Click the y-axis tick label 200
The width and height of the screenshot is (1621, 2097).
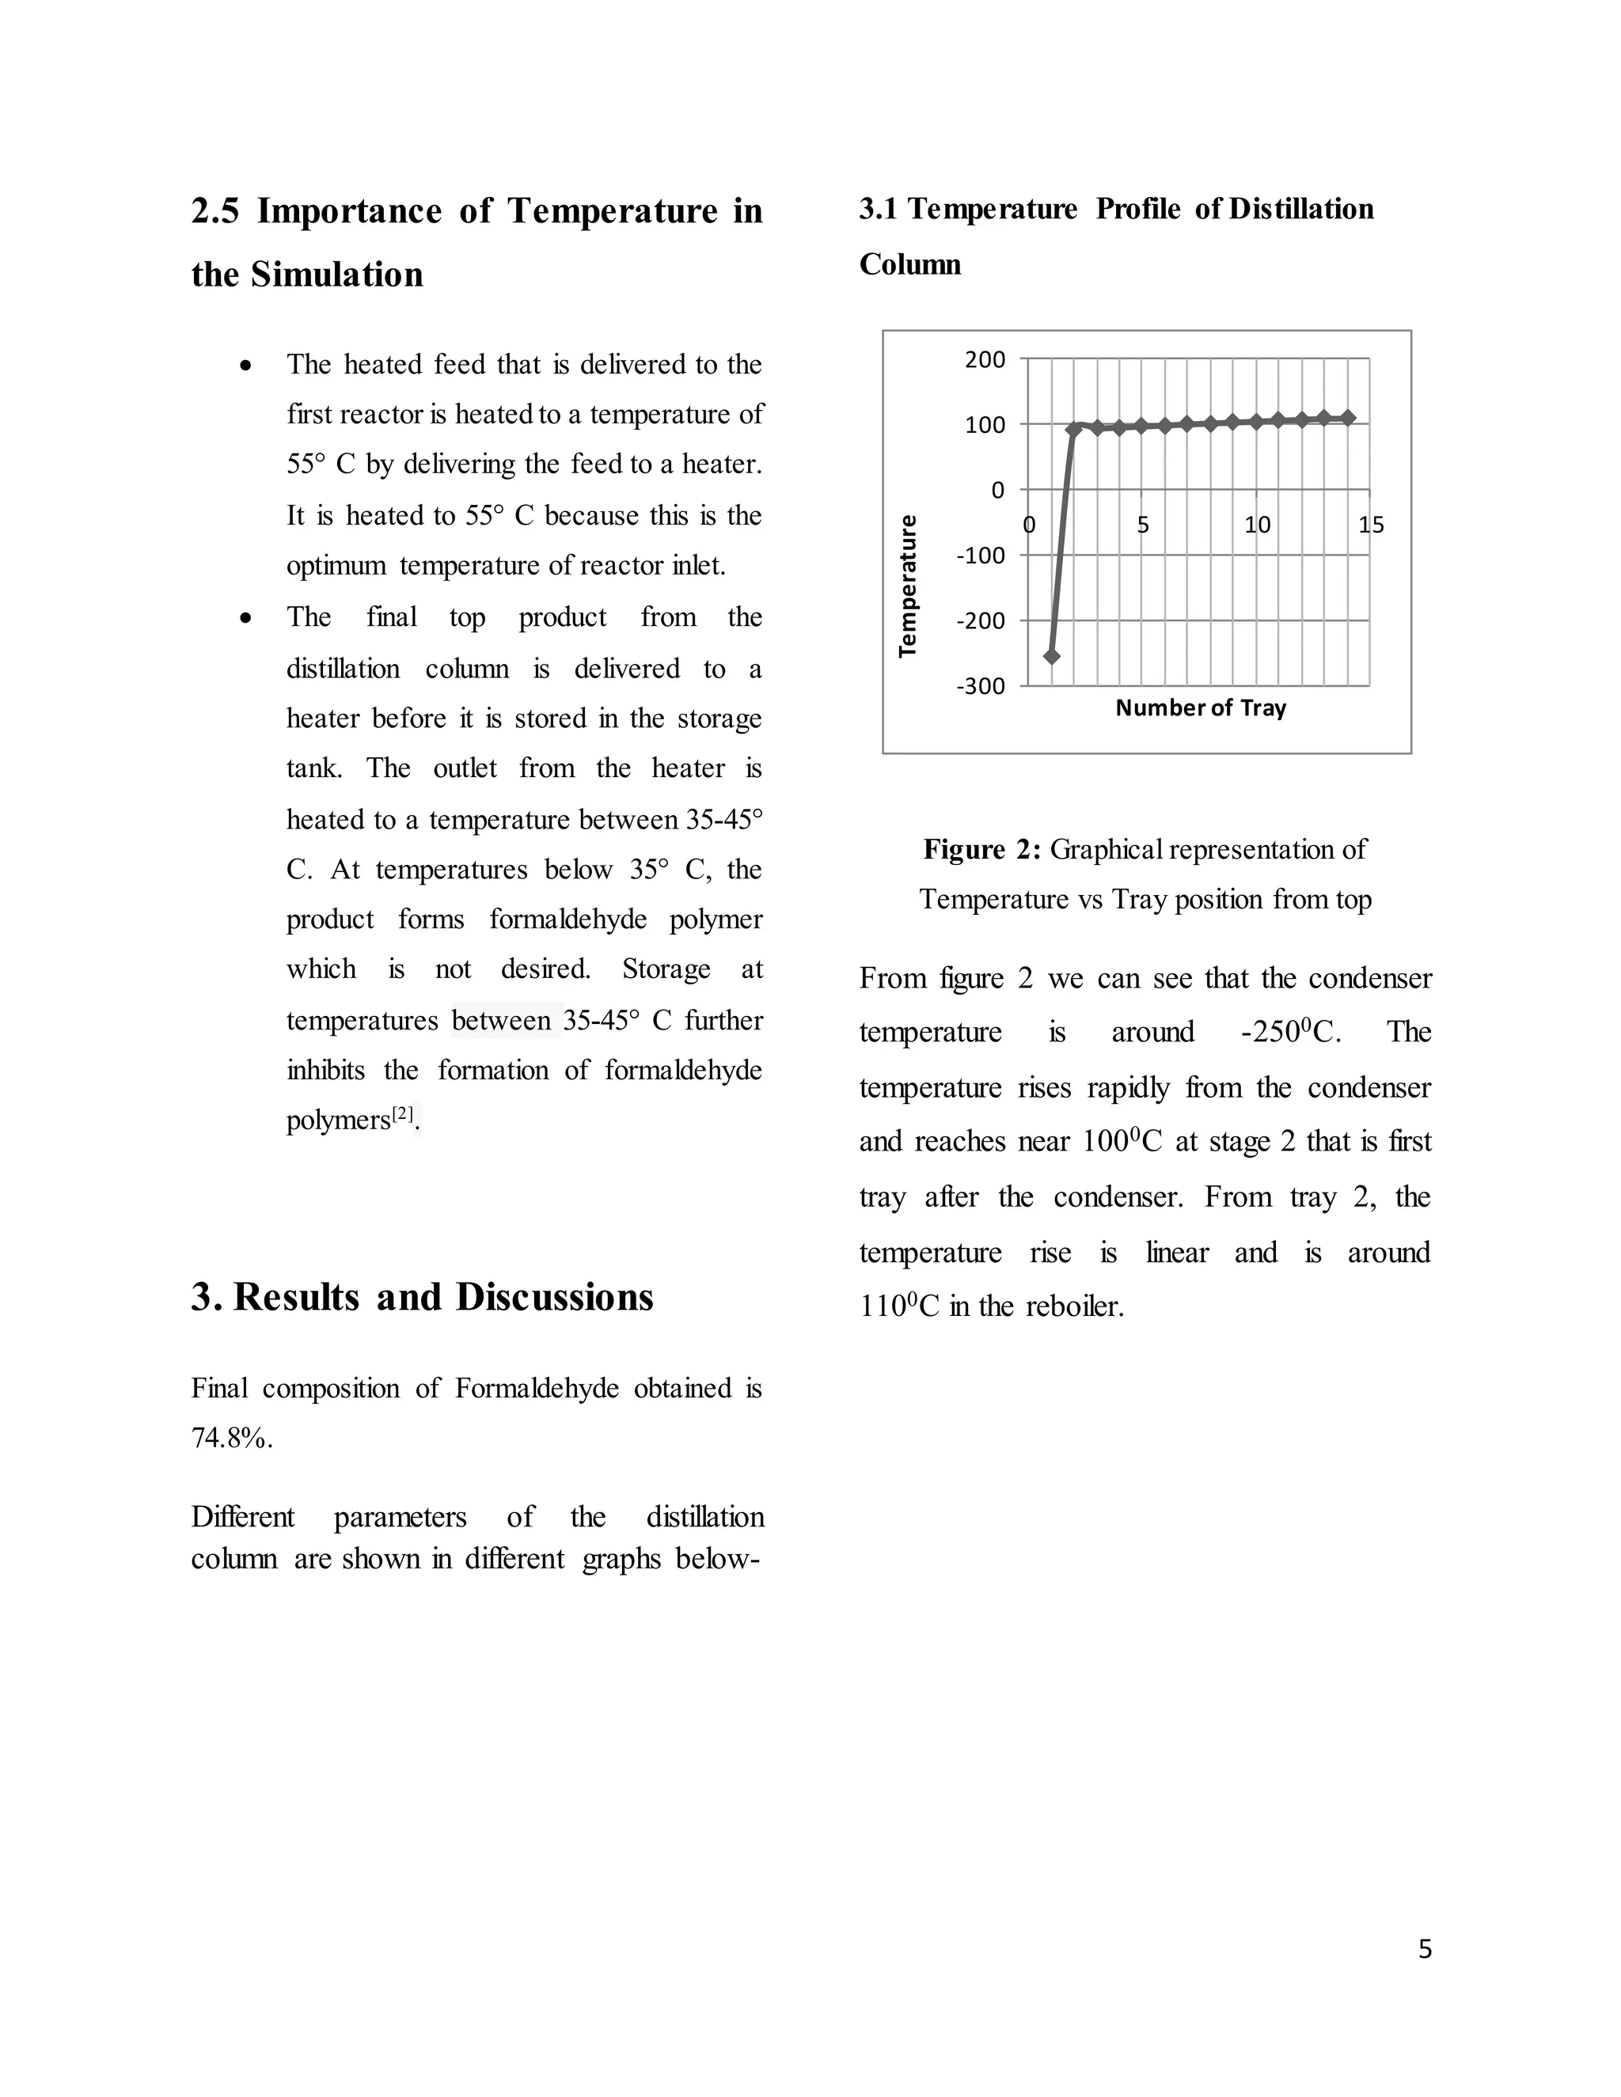point(985,360)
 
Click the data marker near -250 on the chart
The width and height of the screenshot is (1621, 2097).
point(1052,656)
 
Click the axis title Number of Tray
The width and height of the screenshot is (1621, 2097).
point(1201,707)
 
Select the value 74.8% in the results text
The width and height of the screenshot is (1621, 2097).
point(230,1439)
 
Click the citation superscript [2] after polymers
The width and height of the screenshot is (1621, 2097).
point(402,1114)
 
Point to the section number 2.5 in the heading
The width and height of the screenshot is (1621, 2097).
point(215,211)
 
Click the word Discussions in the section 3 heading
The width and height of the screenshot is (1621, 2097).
point(554,1297)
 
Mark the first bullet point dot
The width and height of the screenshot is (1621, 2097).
point(247,366)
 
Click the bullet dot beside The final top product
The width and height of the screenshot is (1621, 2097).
point(247,618)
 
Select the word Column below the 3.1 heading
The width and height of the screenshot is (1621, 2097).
point(909,264)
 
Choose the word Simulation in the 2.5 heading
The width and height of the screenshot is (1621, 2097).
point(336,275)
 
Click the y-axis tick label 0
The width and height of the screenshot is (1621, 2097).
point(998,491)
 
